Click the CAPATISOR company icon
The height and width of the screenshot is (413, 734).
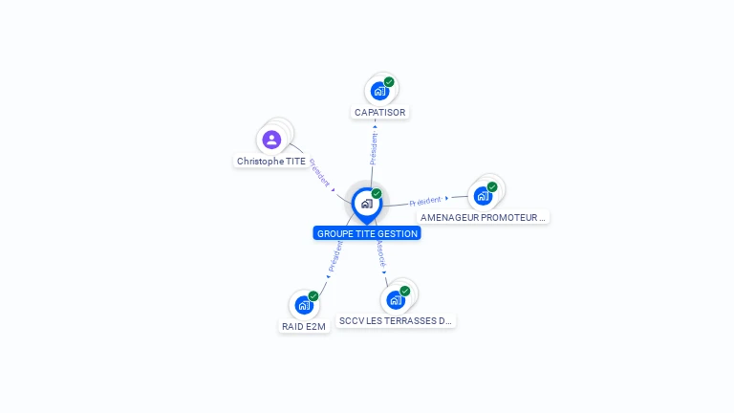pyautogui.click(x=379, y=91)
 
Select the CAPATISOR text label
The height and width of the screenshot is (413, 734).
pyautogui.click(x=379, y=112)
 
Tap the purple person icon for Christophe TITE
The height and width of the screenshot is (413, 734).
pyautogui.click(x=271, y=140)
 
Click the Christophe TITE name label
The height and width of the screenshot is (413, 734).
pyautogui.click(x=271, y=162)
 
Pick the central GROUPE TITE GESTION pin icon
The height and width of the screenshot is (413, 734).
pyautogui.click(x=366, y=204)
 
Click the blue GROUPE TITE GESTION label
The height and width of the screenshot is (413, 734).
pyautogui.click(x=367, y=233)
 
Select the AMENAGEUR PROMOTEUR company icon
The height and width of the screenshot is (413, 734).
pyautogui.click(x=483, y=195)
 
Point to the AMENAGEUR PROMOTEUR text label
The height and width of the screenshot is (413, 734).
pyautogui.click(x=483, y=217)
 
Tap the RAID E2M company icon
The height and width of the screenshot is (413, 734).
pyautogui.click(x=304, y=305)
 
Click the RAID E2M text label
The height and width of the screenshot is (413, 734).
pyautogui.click(x=304, y=326)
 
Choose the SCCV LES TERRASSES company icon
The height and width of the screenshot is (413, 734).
pyautogui.click(x=396, y=299)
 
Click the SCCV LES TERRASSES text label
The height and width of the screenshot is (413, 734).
pyautogui.click(x=396, y=321)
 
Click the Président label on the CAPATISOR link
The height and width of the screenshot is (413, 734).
pyautogui.click(x=374, y=148)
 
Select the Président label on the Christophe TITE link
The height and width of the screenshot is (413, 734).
pyautogui.click(x=319, y=172)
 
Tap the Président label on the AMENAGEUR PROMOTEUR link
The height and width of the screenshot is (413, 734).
pyautogui.click(x=425, y=201)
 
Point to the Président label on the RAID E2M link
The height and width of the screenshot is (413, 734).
pyautogui.click(x=335, y=256)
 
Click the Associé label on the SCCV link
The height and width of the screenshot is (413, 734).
pyautogui.click(x=380, y=252)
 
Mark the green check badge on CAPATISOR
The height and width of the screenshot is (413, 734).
pyautogui.click(x=389, y=82)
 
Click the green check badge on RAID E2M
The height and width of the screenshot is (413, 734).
pyautogui.click(x=313, y=296)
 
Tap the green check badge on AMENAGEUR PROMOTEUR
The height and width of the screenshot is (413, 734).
pyautogui.click(x=492, y=186)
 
